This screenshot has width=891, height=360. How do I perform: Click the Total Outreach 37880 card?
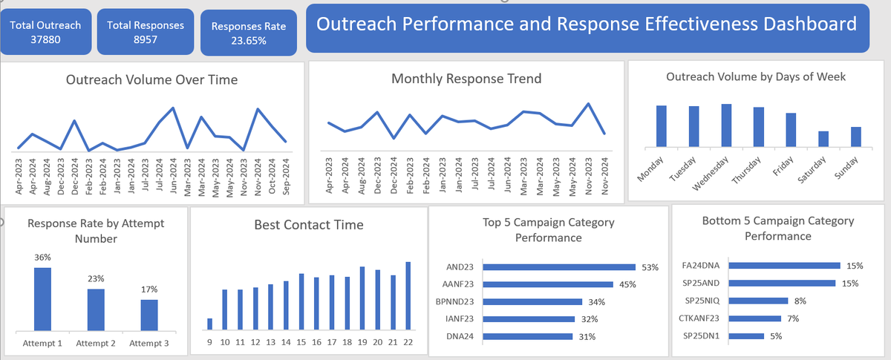[x=46, y=32]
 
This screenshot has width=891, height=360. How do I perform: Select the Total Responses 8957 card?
[x=146, y=32]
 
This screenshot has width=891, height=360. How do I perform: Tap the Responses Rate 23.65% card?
[x=249, y=33]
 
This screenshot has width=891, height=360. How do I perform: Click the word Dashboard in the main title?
[x=803, y=24]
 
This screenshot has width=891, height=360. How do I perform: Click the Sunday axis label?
[x=847, y=168]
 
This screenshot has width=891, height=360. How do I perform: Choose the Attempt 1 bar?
[x=42, y=298]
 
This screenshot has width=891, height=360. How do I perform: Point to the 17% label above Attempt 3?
[x=149, y=289]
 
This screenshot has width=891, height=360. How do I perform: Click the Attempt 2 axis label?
[x=96, y=344]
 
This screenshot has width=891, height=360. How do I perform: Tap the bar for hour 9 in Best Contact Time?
[x=209, y=324]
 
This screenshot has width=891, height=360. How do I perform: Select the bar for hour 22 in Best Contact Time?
[x=408, y=295]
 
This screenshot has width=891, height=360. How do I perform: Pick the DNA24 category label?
[x=461, y=336]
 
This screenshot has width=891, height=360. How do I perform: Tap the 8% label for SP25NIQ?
[x=799, y=301]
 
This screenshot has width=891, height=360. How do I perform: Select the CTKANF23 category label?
[x=699, y=318]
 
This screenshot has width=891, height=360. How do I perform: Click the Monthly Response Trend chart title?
[x=466, y=79]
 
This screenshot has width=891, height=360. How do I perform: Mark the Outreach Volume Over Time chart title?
[x=152, y=79]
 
